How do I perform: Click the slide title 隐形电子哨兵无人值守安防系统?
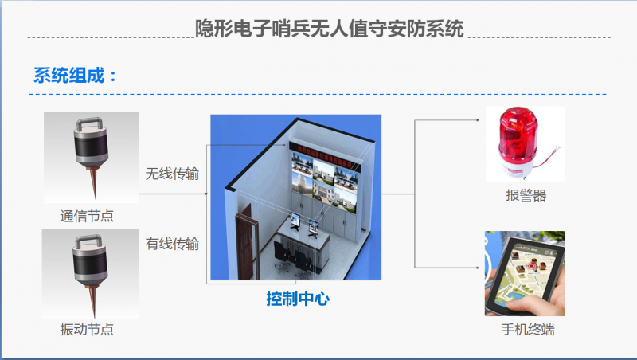pyautogui.click(x=330, y=29)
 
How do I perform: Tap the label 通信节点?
pyautogui.click(x=87, y=216)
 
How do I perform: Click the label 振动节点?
pyautogui.click(x=87, y=329)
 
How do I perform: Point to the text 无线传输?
pyautogui.click(x=172, y=174)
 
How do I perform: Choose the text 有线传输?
pyautogui.click(x=172, y=244)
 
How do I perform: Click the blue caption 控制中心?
pyautogui.click(x=298, y=299)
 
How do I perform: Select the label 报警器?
pyautogui.click(x=526, y=195)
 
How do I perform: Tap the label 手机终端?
pyautogui.click(x=528, y=329)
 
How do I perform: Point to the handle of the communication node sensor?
pyautogui.click(x=89, y=123)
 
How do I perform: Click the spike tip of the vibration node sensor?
pyautogui.click(x=94, y=315)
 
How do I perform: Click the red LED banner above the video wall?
pyautogui.click(x=324, y=156)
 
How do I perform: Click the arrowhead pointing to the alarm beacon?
pyautogui.click(x=478, y=119)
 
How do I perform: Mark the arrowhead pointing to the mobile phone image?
pyautogui.click(x=478, y=268)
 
